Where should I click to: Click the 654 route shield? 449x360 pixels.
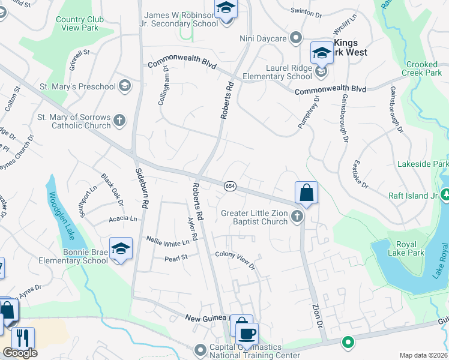229,187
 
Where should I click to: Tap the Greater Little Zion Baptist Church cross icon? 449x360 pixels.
297,218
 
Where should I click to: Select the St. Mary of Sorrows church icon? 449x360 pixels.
119,121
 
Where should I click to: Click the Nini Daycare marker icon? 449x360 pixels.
295,39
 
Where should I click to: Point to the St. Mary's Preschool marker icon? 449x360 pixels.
125,86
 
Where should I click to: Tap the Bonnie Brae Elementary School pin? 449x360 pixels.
121,249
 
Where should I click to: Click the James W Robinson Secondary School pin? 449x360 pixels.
226,10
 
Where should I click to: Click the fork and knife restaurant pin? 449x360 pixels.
23,338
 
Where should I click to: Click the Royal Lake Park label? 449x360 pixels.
410,248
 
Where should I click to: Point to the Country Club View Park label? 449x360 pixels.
77,23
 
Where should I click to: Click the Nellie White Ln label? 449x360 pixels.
172,241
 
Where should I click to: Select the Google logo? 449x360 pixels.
20,353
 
